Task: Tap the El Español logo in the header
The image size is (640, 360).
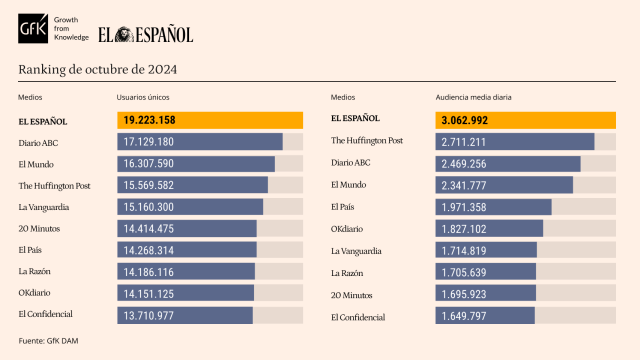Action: (145, 35)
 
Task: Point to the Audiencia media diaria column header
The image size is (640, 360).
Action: (472, 98)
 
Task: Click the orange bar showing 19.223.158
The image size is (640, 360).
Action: (209, 121)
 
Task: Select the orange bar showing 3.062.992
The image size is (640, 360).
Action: (524, 121)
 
